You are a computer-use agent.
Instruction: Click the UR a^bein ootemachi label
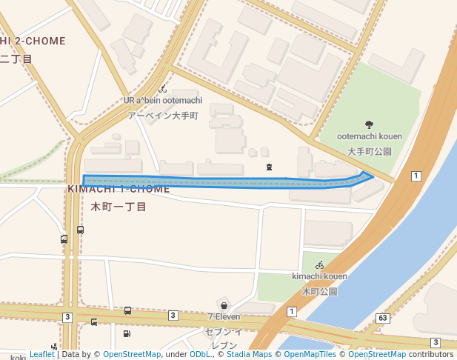point(161,101)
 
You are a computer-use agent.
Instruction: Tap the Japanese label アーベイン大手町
point(163,116)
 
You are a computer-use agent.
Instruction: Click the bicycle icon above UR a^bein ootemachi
point(162,89)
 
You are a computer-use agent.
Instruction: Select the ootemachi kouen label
point(369,136)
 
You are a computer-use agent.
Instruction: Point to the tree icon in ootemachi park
point(369,124)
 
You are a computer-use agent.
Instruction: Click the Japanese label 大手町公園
point(369,151)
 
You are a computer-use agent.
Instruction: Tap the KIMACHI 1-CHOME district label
point(119,190)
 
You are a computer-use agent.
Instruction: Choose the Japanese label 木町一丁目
point(119,207)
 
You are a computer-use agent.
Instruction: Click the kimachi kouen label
point(319,276)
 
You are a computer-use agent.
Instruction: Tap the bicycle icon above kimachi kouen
point(319,264)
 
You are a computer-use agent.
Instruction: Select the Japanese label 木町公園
point(319,291)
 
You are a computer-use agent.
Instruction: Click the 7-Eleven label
point(223,317)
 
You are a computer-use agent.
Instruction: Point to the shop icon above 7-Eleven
point(223,304)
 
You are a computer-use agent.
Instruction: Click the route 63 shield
point(382,319)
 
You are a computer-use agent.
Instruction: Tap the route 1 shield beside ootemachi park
point(416,176)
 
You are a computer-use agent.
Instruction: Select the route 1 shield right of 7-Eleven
point(292,311)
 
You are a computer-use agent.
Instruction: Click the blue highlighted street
point(222,182)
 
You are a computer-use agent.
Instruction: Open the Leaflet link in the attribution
point(42,355)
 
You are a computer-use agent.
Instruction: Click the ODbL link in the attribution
point(200,355)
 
